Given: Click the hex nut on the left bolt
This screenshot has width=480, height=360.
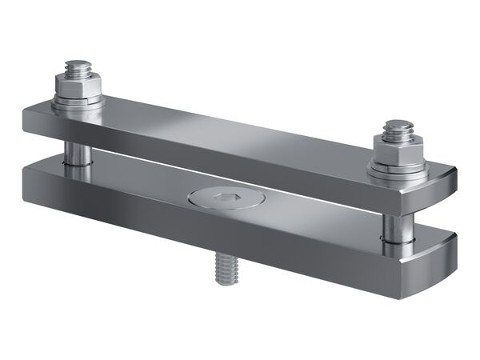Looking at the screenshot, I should click(78, 84).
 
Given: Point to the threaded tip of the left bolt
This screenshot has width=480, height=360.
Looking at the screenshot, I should click(78, 66).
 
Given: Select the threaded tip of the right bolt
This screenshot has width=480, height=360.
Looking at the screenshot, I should click(397, 128).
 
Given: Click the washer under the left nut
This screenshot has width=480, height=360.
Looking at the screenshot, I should click(78, 102).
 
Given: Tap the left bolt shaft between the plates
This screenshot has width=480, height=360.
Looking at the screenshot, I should click(76, 150).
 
